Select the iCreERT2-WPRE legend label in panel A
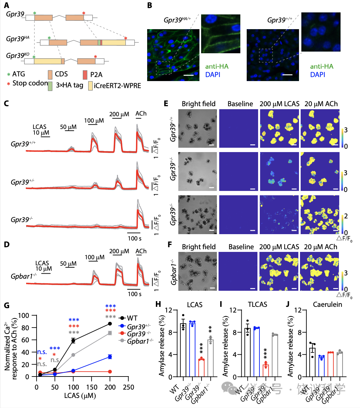(x=117, y=85)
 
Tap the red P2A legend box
(x=85, y=74)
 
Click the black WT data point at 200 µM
(x=110, y=324)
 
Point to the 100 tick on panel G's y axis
(x=23, y=316)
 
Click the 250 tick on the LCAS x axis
(x=128, y=387)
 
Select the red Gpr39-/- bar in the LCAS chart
(x=201, y=368)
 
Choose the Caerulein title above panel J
(x=327, y=304)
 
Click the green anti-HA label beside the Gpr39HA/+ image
(x=217, y=66)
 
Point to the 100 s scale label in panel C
(x=134, y=239)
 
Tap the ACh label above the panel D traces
(x=141, y=251)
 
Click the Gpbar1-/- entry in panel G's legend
(x=140, y=341)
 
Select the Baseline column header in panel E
(x=240, y=104)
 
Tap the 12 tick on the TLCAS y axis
(x=233, y=310)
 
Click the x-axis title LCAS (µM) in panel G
(x=80, y=396)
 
